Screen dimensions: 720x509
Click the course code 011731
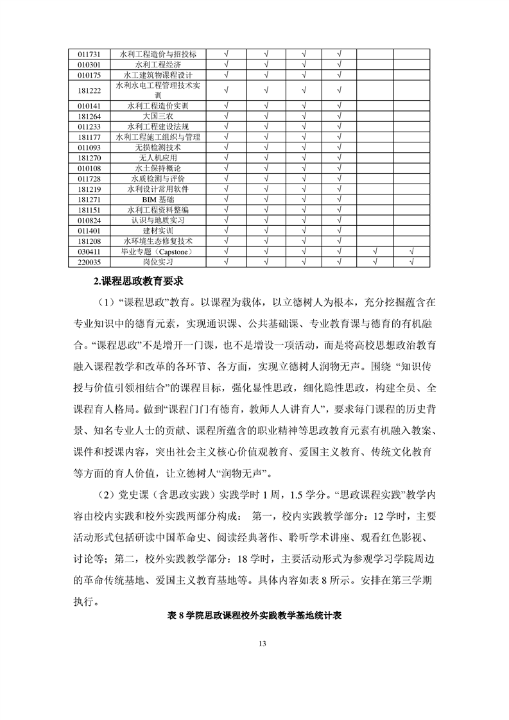tap(89, 55)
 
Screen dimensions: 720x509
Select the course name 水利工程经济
tap(158, 65)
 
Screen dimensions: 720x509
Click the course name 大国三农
tap(158, 116)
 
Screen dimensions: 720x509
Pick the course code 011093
tap(89, 148)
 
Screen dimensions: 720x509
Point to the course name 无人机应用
tap(158, 158)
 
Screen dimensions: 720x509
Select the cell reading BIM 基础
tap(158, 200)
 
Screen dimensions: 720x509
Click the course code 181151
tap(89, 210)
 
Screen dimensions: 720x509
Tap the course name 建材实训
tap(158, 230)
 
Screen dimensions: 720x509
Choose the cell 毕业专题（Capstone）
tap(158, 252)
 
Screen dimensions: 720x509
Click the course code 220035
tap(89, 262)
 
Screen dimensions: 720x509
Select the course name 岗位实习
tap(158, 262)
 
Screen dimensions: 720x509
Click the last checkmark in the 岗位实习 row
tap(411, 262)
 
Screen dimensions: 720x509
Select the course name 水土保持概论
tap(158, 168)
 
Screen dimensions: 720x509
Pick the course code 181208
tap(89, 241)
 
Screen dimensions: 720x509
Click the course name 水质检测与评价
tap(158, 178)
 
